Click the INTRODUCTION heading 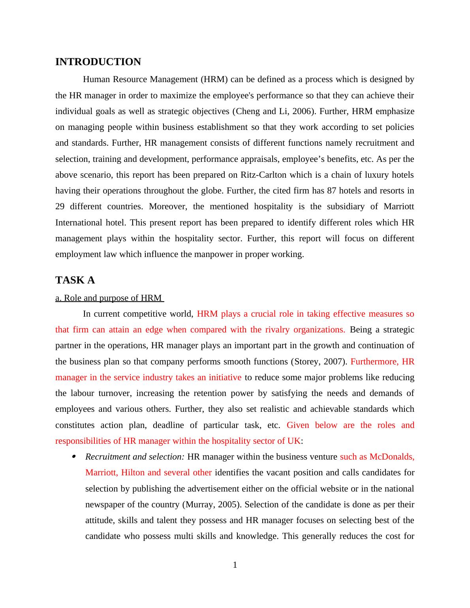(x=98, y=62)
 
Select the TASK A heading (x=75, y=280)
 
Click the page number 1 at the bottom (x=235, y=565)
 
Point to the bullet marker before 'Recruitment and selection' (x=73, y=457)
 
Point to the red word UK (x=295, y=441)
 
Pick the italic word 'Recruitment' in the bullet (x=108, y=457)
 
